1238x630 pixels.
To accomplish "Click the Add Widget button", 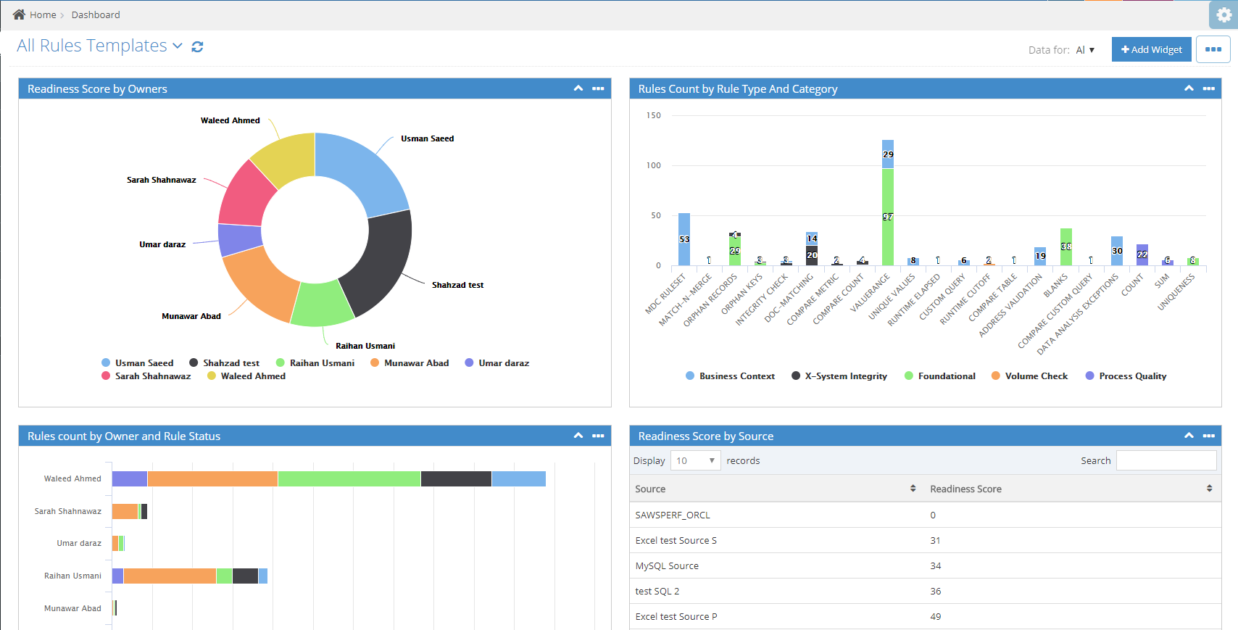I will click(x=1151, y=49).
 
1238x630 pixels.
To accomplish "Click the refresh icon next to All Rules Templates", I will click(x=197, y=46).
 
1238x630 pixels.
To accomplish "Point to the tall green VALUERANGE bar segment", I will click(x=887, y=217).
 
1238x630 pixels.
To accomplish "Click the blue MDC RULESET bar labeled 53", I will click(x=684, y=239).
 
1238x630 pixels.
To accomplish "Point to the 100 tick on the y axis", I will click(x=653, y=165).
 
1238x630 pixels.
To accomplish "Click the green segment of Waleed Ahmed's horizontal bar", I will click(x=349, y=478).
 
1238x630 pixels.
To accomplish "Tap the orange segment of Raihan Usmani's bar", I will click(x=170, y=576).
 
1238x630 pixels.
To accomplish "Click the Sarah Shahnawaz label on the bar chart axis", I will click(x=68, y=511).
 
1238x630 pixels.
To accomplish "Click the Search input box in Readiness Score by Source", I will click(x=1166, y=460).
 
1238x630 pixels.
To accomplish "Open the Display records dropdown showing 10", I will click(x=695, y=460).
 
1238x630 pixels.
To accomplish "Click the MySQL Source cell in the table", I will click(x=667, y=566).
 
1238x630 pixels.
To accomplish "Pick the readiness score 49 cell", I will click(x=935, y=617).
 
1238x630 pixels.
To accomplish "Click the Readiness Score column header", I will click(x=965, y=489).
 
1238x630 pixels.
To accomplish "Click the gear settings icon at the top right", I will click(x=1224, y=14).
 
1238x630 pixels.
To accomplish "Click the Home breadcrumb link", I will click(x=42, y=14).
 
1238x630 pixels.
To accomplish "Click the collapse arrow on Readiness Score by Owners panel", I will click(x=578, y=88).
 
